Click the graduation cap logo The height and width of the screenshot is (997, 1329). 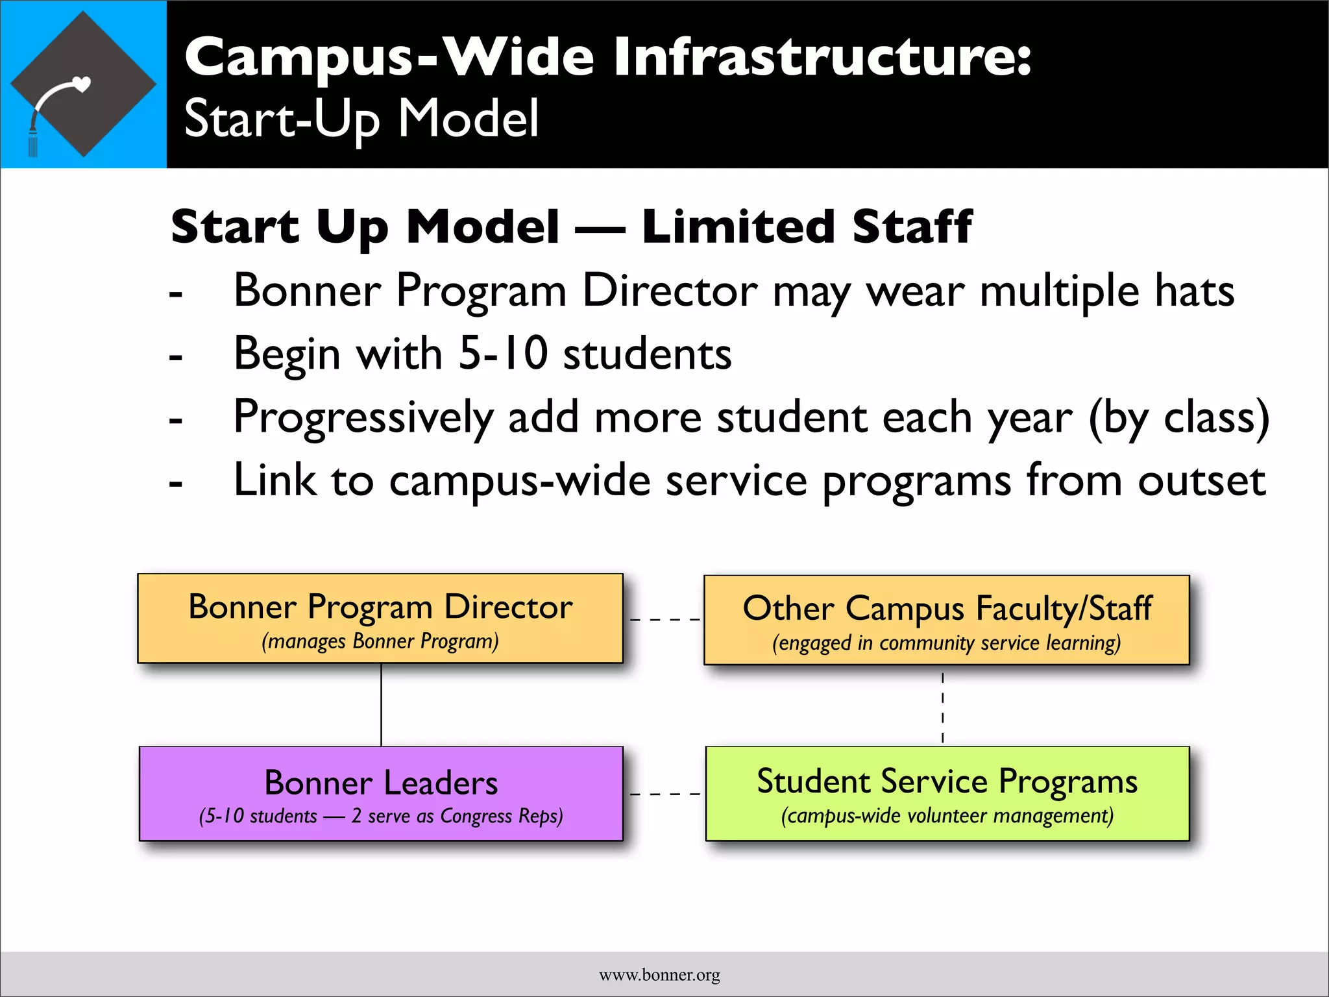[83, 84]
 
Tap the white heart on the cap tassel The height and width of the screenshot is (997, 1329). [82, 83]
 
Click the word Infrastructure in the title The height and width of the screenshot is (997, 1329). [822, 57]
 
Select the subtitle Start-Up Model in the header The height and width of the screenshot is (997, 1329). [361, 119]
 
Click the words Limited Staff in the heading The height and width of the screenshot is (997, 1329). [807, 227]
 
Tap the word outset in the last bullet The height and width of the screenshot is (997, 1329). [1201, 481]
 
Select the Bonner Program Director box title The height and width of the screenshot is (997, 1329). [380, 608]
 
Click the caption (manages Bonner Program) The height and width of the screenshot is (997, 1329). [380, 641]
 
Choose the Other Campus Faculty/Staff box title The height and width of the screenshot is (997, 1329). [947, 609]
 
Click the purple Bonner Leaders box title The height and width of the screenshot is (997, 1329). [381, 783]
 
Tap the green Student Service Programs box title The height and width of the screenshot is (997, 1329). [947, 782]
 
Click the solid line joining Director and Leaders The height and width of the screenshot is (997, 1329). [381, 705]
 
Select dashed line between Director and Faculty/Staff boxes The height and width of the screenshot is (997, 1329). [664, 619]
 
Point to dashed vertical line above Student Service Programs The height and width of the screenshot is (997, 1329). [942, 708]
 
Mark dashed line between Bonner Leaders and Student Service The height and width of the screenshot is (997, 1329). [664, 794]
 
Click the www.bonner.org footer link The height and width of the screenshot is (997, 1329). [659, 975]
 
